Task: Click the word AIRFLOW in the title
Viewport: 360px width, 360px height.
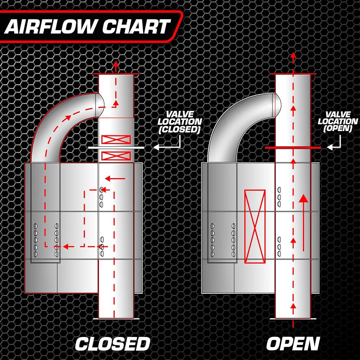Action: pyautogui.click(x=49, y=26)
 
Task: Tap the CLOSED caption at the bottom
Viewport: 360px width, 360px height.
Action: pyautogui.click(x=112, y=343)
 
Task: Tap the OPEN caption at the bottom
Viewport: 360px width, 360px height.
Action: pyautogui.click(x=293, y=343)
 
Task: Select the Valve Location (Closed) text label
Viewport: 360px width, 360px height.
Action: pyautogui.click(x=180, y=122)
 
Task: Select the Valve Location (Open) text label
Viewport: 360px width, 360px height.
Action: pyautogui.click(x=338, y=121)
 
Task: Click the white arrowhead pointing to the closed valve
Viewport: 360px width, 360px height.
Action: pyautogui.click(x=156, y=147)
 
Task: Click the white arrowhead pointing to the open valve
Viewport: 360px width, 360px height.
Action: pyautogui.click(x=330, y=147)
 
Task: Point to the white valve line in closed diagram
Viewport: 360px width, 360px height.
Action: pyautogui.click(x=116, y=148)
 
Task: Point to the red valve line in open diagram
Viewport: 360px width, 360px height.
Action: pyautogui.click(x=293, y=148)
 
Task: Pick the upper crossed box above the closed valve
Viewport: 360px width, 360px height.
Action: pyautogui.click(x=116, y=139)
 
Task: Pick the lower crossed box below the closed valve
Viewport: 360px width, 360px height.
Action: pyautogui.click(x=116, y=156)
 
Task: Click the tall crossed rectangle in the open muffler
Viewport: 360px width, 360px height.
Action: pyautogui.click(x=255, y=226)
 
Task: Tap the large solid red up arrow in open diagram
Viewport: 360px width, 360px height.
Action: pyautogui.click(x=303, y=223)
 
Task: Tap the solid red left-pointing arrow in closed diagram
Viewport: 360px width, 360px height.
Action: pyautogui.click(x=115, y=179)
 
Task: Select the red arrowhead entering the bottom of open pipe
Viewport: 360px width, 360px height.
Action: pyautogui.click(x=293, y=306)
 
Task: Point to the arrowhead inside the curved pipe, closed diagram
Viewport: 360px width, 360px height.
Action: pyautogui.click(x=68, y=118)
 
